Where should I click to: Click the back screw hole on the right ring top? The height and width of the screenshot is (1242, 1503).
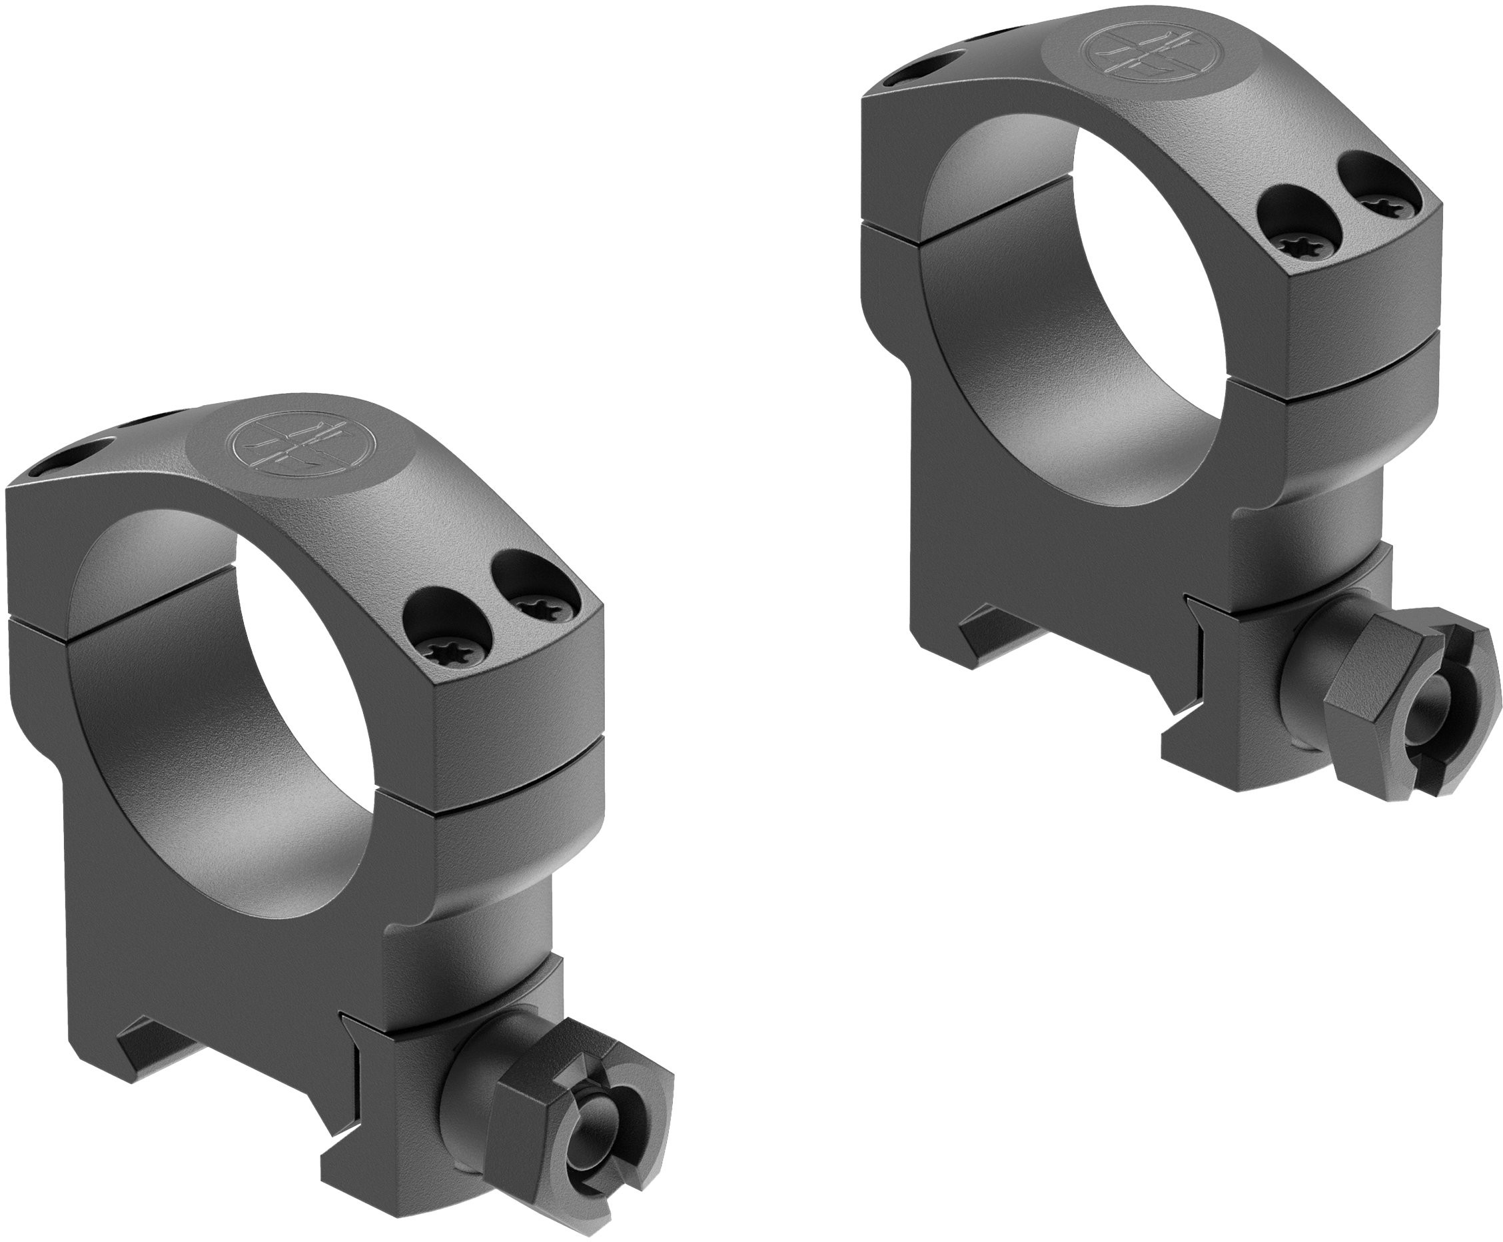(930, 69)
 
